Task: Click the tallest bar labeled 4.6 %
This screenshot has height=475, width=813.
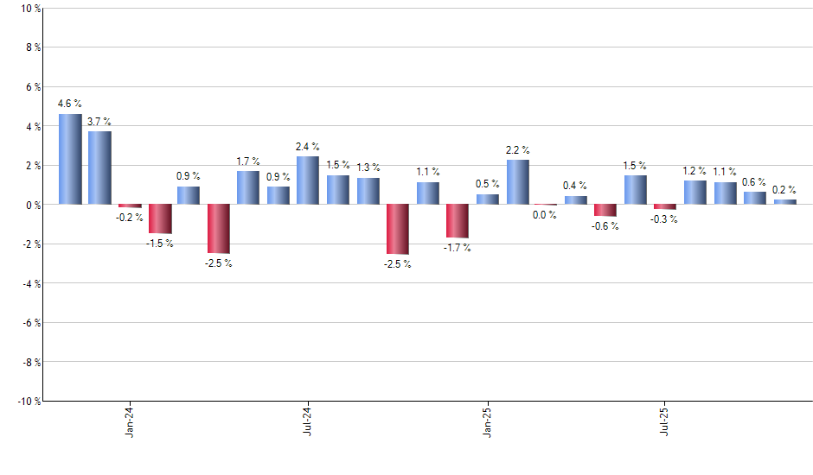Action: click(x=70, y=159)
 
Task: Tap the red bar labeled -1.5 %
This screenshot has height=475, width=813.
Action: click(x=160, y=218)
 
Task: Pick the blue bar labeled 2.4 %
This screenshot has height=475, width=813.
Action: click(x=308, y=180)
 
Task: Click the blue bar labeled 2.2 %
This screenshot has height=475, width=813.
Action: click(x=518, y=182)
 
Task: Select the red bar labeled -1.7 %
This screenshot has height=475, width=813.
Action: click(x=458, y=221)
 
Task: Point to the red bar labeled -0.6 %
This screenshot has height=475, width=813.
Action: click(x=605, y=210)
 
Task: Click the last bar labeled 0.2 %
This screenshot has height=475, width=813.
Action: click(x=785, y=202)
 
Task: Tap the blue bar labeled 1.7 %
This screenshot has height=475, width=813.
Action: click(x=248, y=187)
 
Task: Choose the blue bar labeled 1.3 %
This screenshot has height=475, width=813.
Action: click(x=368, y=191)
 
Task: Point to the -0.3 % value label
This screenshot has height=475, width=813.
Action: click(x=664, y=219)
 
